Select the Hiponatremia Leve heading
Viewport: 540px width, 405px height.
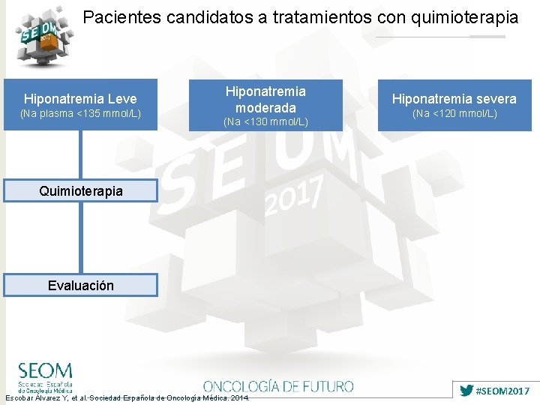80,99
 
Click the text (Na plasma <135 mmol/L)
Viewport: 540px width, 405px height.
80,114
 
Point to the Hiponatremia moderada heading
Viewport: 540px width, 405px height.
265,99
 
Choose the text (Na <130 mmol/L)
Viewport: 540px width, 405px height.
265,121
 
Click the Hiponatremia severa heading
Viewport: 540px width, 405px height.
454,99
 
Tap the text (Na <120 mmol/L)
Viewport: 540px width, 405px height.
454,114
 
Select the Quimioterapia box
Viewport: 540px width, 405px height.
80,191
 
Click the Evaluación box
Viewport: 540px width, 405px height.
80,285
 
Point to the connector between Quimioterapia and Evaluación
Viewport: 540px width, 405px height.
80,238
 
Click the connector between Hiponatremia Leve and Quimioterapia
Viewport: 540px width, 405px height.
80,155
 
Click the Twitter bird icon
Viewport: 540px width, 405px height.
466,391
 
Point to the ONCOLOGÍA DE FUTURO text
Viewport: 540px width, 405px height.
277,386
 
